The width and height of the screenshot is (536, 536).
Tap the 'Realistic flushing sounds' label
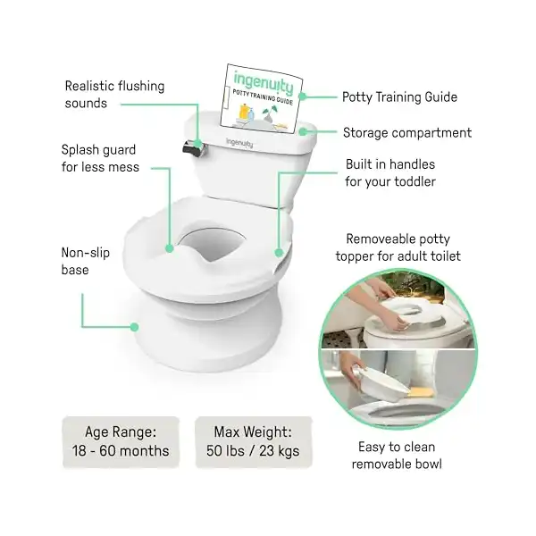[x=114, y=95]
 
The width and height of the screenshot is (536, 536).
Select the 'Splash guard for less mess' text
[x=100, y=158]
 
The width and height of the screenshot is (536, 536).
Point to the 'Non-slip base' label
[x=86, y=261]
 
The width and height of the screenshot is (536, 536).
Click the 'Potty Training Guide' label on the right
[x=399, y=97]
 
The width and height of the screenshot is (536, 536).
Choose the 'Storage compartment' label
[x=407, y=132]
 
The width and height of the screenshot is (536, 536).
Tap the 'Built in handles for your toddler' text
[x=390, y=172]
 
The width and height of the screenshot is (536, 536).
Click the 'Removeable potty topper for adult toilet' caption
[x=398, y=247]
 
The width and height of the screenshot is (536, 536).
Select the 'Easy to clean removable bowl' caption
[x=397, y=456]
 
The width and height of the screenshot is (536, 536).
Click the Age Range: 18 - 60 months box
[x=121, y=441]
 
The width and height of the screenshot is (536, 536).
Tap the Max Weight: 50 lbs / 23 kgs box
[x=253, y=441]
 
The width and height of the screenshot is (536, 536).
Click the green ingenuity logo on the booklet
[x=264, y=82]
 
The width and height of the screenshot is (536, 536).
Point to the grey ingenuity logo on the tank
[x=239, y=143]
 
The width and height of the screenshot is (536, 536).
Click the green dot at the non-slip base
[x=134, y=327]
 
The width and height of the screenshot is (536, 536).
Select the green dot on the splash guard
[x=170, y=248]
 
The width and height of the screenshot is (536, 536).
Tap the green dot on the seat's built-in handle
[x=279, y=253]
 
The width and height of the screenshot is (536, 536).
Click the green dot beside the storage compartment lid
[x=303, y=131]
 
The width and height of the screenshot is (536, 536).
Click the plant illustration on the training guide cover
[x=270, y=113]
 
